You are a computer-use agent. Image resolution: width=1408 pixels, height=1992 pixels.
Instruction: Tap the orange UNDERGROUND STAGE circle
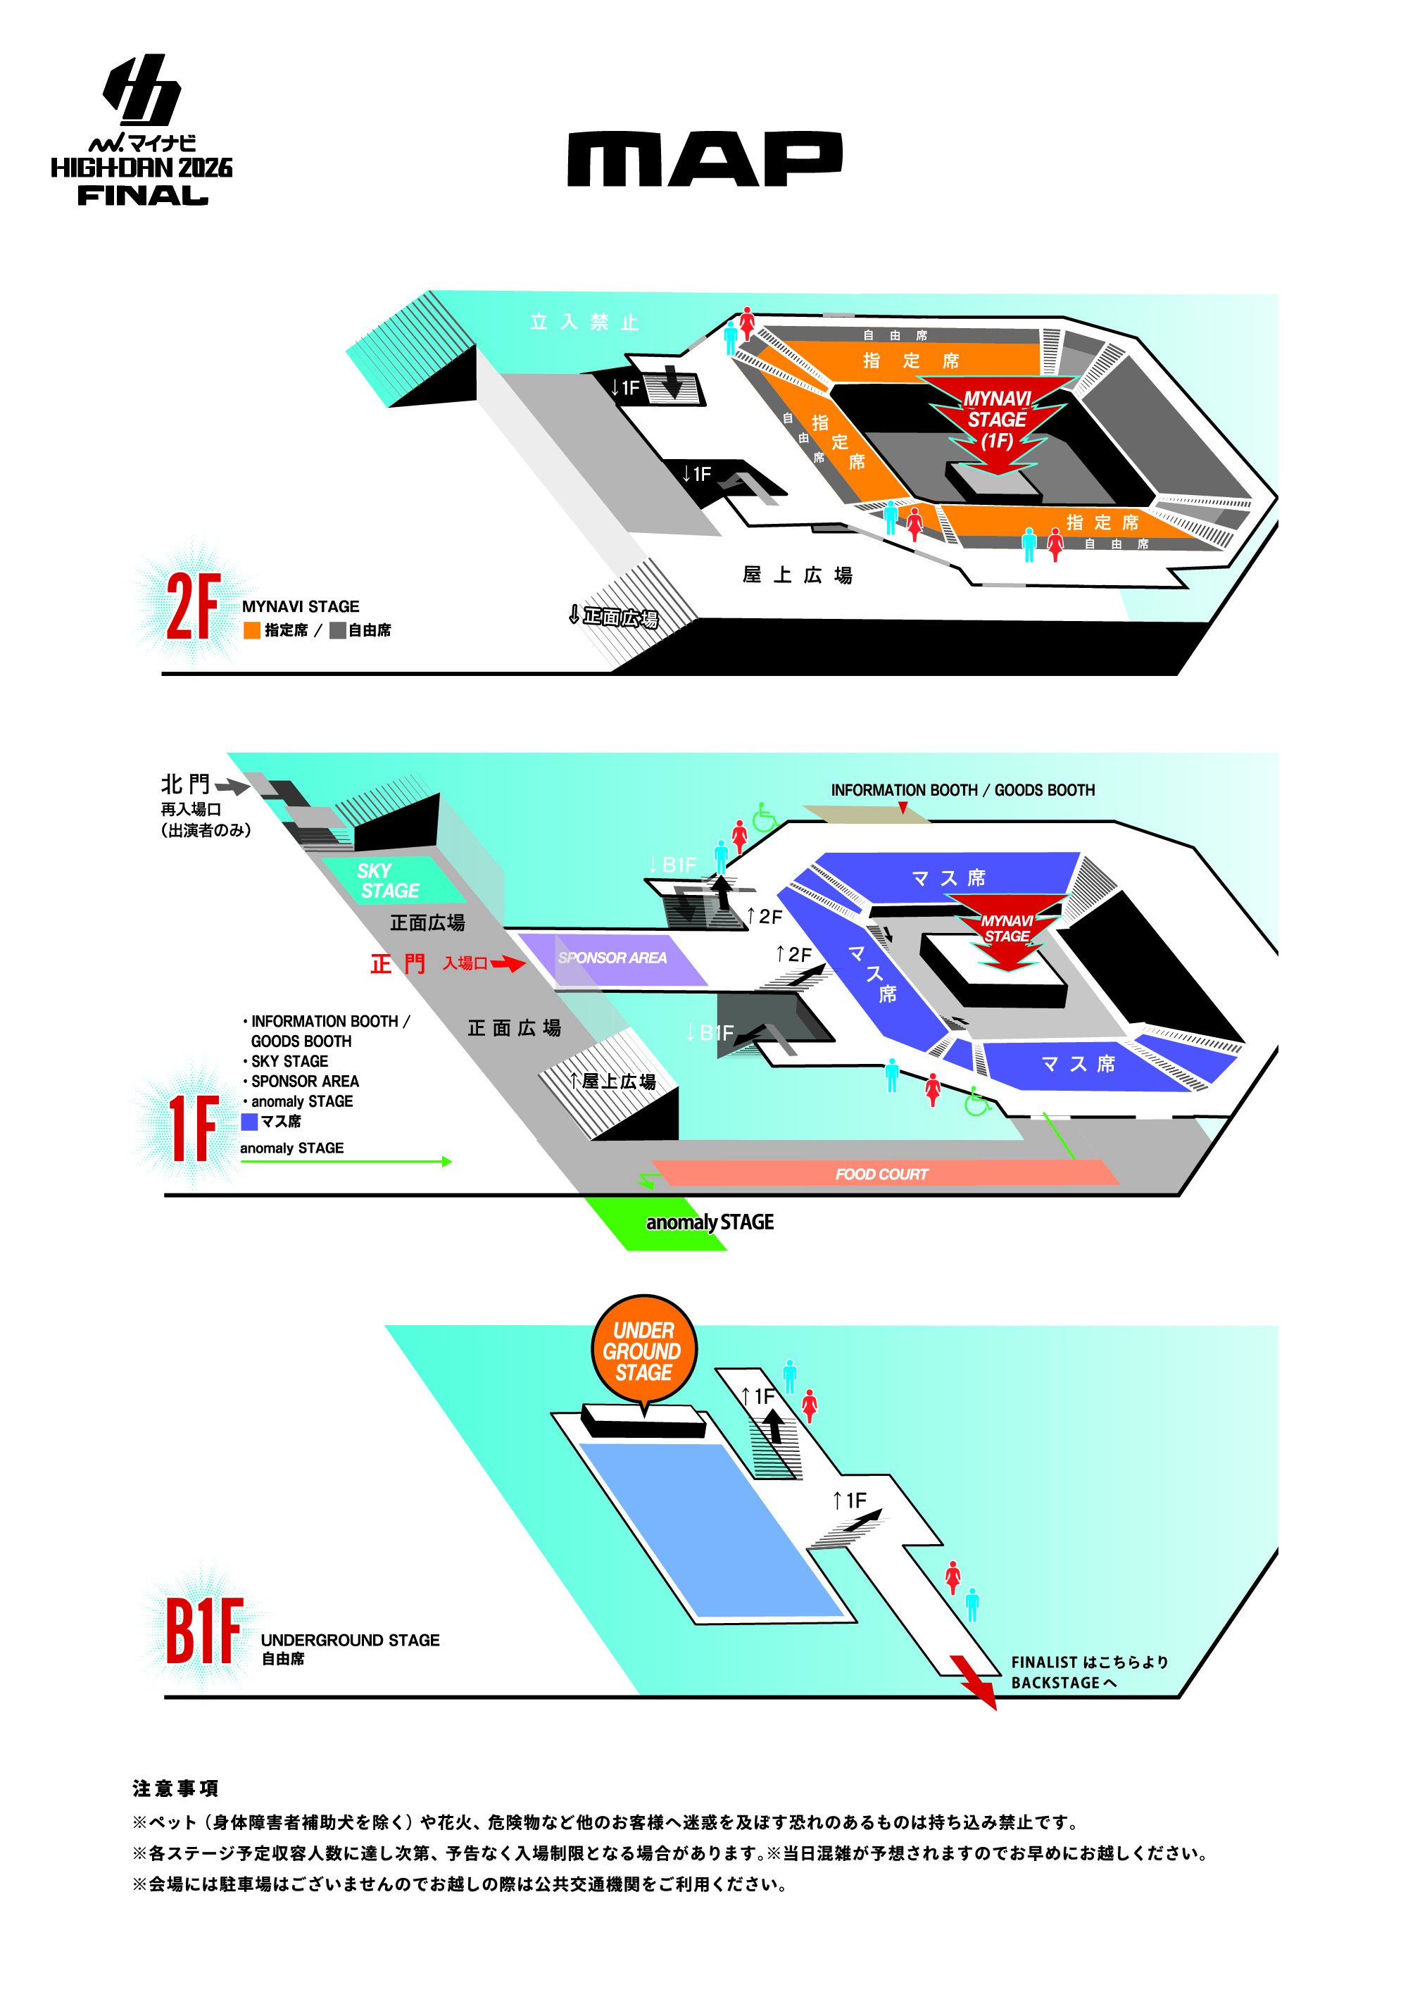(643, 1351)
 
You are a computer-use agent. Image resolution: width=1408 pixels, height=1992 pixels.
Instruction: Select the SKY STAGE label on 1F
(387, 881)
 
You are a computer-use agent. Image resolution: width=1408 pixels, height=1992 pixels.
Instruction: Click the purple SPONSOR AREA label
(612, 958)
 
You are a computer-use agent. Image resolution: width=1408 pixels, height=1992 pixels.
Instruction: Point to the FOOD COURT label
(881, 1174)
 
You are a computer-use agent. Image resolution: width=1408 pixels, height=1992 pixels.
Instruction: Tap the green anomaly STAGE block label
(709, 1222)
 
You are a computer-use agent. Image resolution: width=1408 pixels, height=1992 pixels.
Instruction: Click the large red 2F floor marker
(193, 606)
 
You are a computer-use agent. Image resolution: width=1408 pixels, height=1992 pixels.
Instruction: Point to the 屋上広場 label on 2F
(796, 575)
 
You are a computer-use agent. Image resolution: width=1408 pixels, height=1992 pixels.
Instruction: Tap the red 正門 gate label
(397, 964)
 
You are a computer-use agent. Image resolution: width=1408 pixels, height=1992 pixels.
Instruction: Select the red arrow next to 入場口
(508, 963)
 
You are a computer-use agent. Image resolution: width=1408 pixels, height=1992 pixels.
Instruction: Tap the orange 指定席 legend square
(251, 631)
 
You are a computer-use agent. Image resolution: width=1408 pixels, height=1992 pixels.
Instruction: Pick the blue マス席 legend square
(249, 1122)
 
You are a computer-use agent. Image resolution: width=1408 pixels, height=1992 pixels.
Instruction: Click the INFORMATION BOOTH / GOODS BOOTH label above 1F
(962, 790)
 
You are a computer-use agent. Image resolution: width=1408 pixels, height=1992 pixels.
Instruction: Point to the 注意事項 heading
(175, 1788)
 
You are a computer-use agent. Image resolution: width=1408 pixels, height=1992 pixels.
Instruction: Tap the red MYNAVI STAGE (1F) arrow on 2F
(998, 423)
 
